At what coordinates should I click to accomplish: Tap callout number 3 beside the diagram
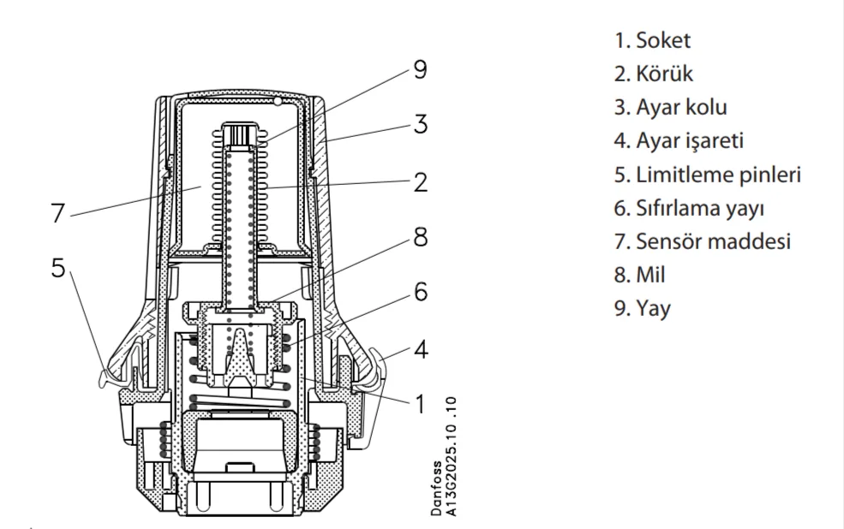(x=420, y=124)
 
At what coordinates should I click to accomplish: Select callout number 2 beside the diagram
(x=420, y=183)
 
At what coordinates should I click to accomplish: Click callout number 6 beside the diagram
(x=420, y=292)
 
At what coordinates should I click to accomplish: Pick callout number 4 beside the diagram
(x=420, y=349)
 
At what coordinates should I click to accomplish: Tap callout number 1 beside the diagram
(x=420, y=402)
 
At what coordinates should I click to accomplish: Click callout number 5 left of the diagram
(x=58, y=267)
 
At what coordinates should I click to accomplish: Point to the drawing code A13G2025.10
(x=452, y=458)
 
